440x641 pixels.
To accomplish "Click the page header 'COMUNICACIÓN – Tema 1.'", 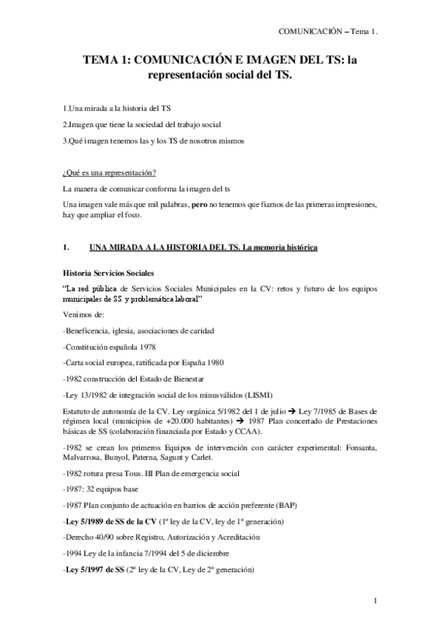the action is pyautogui.click(x=327, y=32).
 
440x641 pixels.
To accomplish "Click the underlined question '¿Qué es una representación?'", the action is pyautogui.click(x=110, y=172).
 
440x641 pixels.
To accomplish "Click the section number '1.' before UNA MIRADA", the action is pyautogui.click(x=67, y=247).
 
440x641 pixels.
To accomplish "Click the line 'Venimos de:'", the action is pyautogui.click(x=84, y=314).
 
